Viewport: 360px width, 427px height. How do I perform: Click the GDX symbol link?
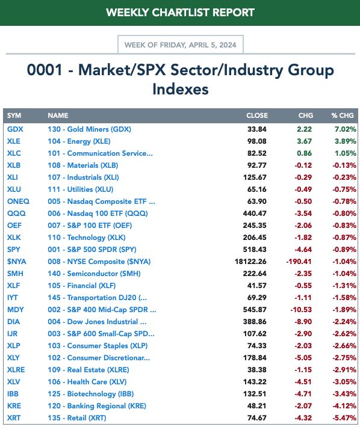click(x=15, y=129)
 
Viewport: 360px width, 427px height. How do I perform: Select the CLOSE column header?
click(x=257, y=115)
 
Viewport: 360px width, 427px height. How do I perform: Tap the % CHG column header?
click(x=343, y=115)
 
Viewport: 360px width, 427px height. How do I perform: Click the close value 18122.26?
click(x=250, y=262)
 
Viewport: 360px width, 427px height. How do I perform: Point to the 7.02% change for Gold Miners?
click(x=346, y=129)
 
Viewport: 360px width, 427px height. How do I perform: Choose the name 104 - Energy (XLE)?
click(x=79, y=141)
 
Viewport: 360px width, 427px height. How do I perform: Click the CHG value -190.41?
click(x=299, y=262)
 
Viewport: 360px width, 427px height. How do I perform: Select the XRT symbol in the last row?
click(x=14, y=418)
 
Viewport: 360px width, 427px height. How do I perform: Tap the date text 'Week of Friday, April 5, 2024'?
click(x=181, y=45)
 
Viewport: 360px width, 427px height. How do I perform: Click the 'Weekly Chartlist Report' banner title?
click(x=180, y=13)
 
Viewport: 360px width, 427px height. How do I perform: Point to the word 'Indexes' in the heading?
click(x=181, y=90)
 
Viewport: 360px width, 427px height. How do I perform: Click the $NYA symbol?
click(x=17, y=262)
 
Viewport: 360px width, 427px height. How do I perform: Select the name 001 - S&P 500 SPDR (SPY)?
click(x=92, y=250)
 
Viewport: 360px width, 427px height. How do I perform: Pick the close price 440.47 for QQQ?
click(x=255, y=213)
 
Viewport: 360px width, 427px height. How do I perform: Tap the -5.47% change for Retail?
click(x=344, y=418)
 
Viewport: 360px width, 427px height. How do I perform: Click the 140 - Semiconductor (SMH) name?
click(x=95, y=274)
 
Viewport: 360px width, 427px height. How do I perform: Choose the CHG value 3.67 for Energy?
click(x=305, y=141)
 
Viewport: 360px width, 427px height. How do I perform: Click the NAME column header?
click(x=58, y=115)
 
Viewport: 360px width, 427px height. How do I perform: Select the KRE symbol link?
click(x=14, y=406)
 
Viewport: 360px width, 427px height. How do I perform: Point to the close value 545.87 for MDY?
click(x=255, y=310)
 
